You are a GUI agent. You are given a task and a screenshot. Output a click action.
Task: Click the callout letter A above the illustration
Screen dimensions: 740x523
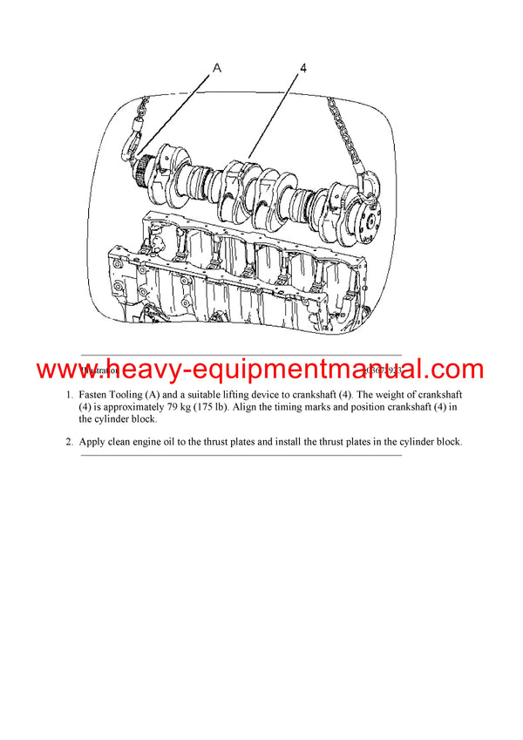tap(215, 65)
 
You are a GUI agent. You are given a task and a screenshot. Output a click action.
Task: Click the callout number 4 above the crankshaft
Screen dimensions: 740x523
tap(302, 65)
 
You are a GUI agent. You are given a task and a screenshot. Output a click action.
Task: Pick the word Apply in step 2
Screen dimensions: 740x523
tap(94, 441)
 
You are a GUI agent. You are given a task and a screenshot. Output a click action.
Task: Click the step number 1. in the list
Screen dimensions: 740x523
tap(71, 394)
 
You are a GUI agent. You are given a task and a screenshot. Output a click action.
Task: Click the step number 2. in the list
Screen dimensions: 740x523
tap(71, 441)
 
